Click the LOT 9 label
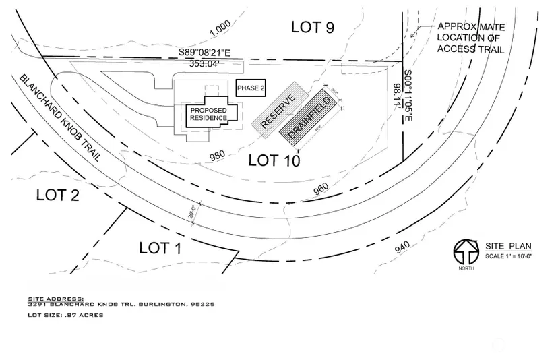pyautogui.click(x=313, y=27)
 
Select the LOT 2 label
pyautogui.click(x=58, y=196)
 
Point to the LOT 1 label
pyautogui.click(x=160, y=247)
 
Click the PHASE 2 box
pyautogui.click(x=251, y=88)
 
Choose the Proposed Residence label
pyautogui.click(x=208, y=115)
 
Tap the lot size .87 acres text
pyautogui.click(x=65, y=315)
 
